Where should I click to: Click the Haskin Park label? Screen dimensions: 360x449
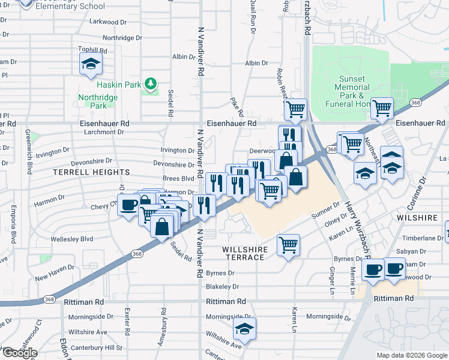click(125, 85)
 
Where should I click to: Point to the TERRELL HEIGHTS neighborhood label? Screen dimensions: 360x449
click(91, 172)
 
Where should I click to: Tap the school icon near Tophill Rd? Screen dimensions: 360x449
click(91, 64)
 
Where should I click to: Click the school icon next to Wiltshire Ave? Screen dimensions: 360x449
click(244, 329)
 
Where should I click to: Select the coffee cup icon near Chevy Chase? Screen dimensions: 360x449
click(128, 206)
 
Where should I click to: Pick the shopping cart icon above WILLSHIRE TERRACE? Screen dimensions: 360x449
click(289, 245)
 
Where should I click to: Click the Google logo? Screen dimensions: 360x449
click(19, 353)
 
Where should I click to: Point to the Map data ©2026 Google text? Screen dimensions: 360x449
click(411, 355)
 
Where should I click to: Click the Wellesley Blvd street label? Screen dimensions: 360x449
click(73, 239)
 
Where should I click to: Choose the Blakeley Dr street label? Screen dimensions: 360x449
click(222, 287)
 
